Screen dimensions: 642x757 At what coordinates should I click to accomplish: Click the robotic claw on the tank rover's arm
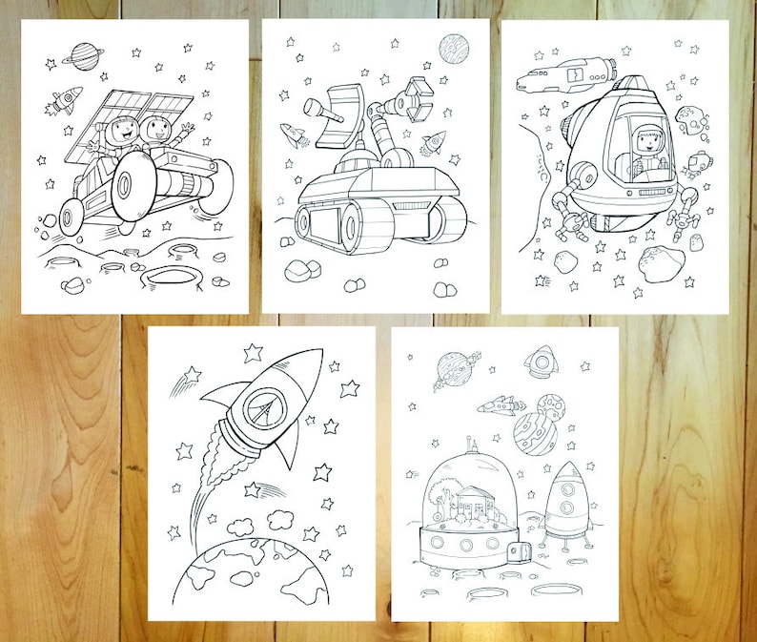[416, 95]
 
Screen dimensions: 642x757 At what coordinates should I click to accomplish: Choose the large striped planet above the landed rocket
[535, 430]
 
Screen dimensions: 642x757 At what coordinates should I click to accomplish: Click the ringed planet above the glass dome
[453, 368]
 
